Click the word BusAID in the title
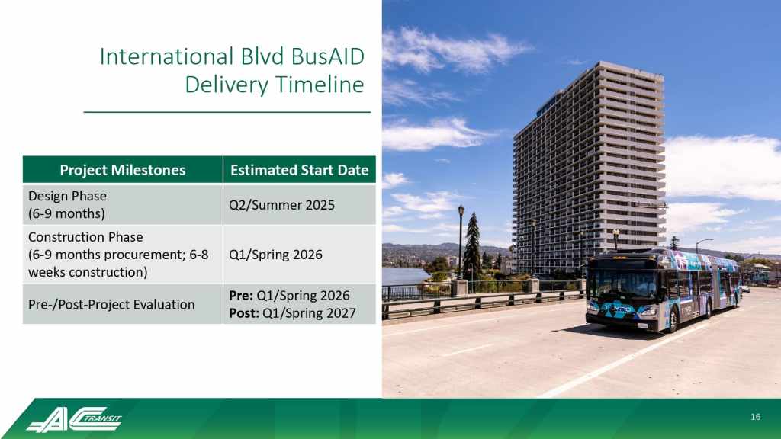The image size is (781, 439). click(328, 56)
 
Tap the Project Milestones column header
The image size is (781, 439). click(123, 170)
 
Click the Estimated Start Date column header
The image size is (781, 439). click(299, 170)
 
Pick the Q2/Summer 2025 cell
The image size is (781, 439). click(282, 205)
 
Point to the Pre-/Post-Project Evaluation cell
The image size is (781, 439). click(111, 305)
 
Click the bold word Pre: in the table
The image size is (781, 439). click(241, 296)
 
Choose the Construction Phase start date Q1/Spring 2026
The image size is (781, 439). click(275, 255)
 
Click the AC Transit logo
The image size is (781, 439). click(74, 419)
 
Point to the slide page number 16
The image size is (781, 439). click(756, 417)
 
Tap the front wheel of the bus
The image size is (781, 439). click(673, 319)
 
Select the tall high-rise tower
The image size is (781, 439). click(590, 167)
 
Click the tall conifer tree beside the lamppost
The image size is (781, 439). click(472, 246)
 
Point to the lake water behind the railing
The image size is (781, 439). click(404, 276)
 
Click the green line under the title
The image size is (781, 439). click(227, 113)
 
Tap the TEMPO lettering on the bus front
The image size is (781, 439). click(617, 309)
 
